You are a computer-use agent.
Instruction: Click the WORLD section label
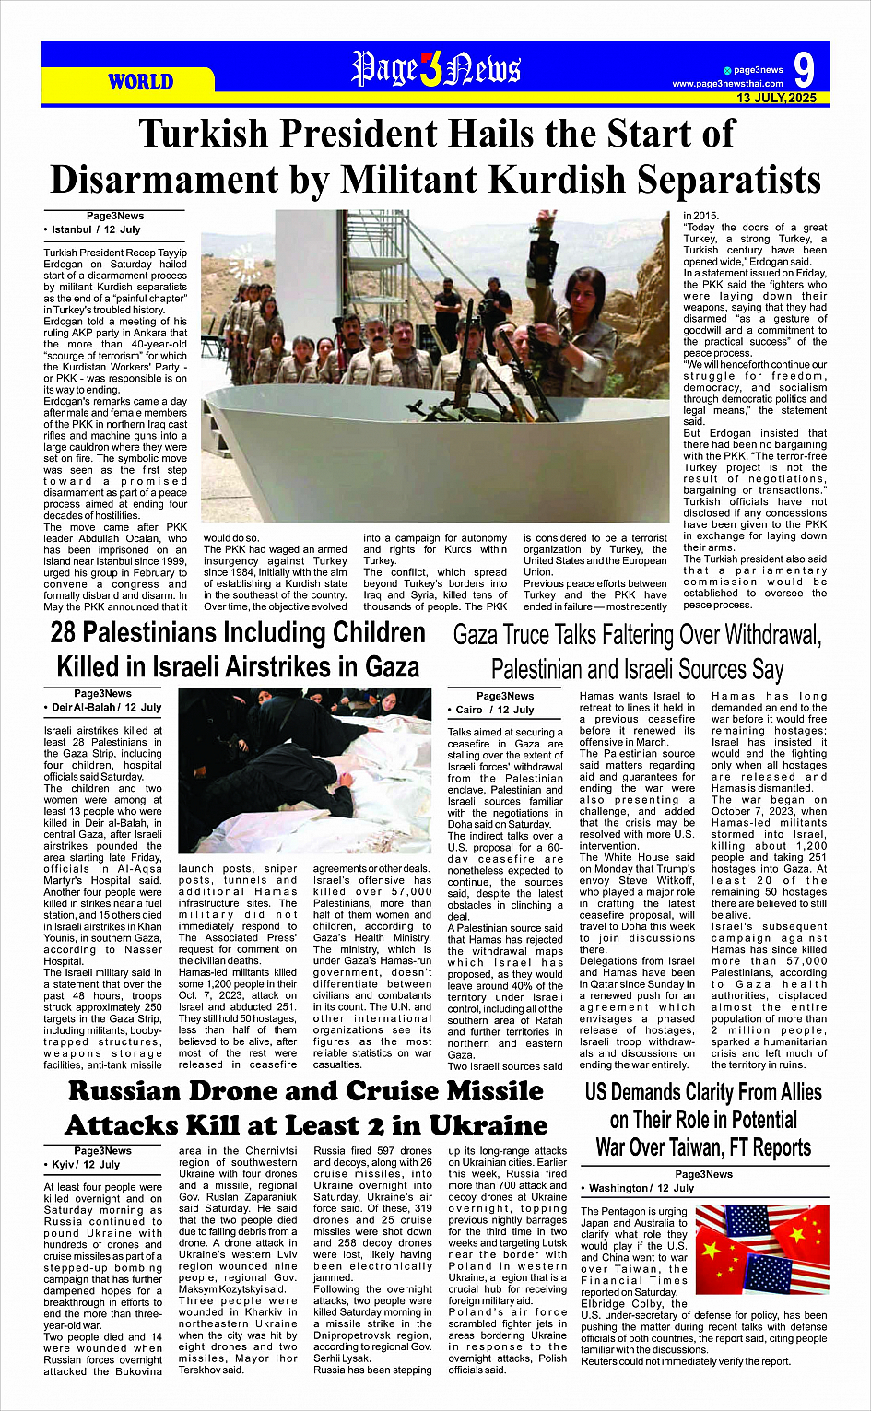click(140, 82)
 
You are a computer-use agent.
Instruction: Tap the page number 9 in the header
click(804, 71)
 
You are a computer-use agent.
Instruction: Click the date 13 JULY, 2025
click(776, 98)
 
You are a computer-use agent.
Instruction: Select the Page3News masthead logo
click(436, 69)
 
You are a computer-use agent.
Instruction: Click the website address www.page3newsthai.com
click(727, 84)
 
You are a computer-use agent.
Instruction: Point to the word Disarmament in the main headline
click(183, 179)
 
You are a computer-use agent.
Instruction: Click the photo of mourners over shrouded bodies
click(304, 770)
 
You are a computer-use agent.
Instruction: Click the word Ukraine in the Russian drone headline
click(479, 1125)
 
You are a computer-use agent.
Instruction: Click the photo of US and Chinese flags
click(761, 1250)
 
